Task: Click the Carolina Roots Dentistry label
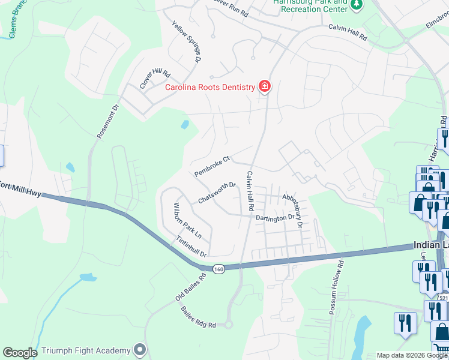point(210,87)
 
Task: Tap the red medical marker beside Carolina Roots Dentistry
point(264,87)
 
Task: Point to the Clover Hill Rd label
point(155,79)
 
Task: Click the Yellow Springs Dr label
point(186,43)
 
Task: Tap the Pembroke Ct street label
point(212,167)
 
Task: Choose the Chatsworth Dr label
point(216,193)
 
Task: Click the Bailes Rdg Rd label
point(197,317)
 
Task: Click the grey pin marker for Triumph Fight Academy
point(140,349)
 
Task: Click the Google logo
point(19,353)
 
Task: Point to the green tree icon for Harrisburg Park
point(357,5)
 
